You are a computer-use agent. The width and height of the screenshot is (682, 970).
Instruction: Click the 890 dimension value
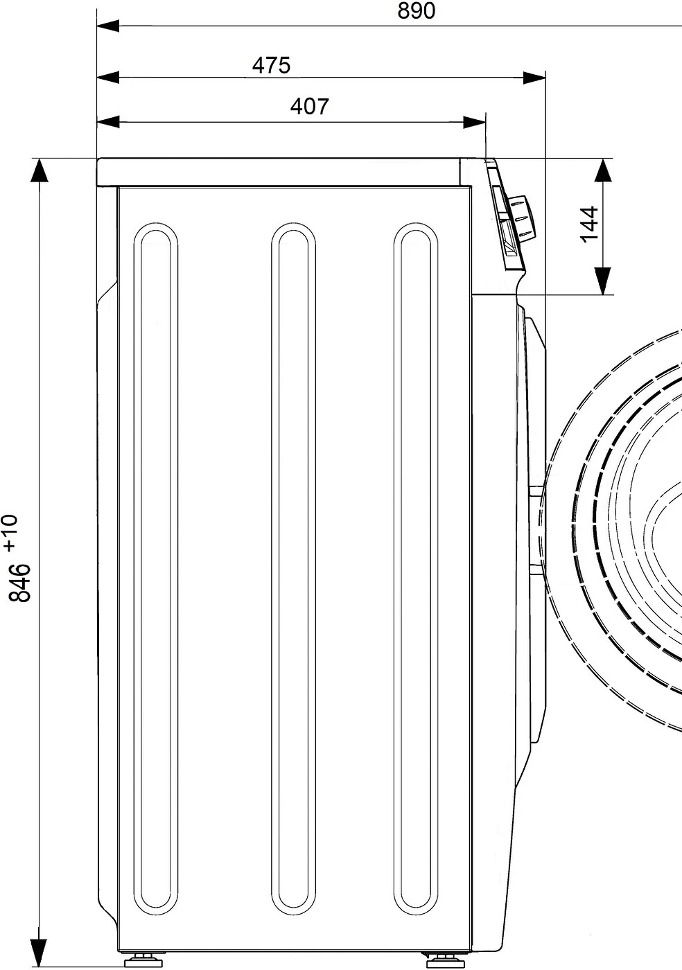point(416,11)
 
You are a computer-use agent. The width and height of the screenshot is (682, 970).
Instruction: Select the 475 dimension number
point(271,65)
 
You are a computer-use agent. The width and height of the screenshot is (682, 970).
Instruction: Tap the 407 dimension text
point(309,106)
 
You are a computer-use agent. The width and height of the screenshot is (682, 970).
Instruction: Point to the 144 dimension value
point(589,224)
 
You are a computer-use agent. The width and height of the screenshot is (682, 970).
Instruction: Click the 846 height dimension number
point(19,583)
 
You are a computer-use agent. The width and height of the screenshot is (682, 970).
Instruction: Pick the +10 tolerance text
point(10,533)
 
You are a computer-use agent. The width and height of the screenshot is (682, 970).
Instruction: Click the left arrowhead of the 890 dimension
point(107,26)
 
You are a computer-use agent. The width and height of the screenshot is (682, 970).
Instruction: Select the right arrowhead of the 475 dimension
point(534,78)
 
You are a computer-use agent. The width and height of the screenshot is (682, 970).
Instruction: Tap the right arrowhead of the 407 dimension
point(475,122)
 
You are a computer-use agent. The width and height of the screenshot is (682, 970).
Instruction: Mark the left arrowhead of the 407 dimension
point(107,122)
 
